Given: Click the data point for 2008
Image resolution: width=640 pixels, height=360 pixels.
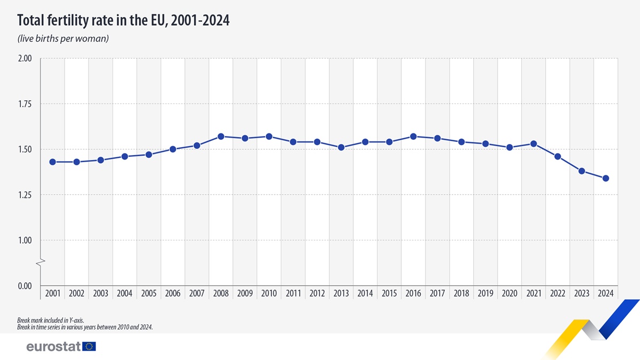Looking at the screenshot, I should coord(221,137).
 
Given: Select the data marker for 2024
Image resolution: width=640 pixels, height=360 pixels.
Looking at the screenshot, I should coord(606,178).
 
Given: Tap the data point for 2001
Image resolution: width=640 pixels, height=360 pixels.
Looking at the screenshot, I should coord(52,162).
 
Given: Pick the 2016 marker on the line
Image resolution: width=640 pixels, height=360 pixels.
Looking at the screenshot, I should coord(413,137).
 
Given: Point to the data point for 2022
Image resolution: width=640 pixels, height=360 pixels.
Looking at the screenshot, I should coord(558,156).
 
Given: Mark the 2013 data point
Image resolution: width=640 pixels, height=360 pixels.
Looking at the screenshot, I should coord(341,147).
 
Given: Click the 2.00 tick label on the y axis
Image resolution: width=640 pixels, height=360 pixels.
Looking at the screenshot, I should coord(25,59).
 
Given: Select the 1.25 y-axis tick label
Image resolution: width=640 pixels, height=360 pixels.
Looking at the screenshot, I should coord(25,195).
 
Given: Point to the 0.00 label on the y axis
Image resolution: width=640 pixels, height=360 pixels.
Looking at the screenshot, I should coord(25,286).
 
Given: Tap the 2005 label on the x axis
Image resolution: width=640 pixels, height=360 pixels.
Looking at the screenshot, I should coord(149,293).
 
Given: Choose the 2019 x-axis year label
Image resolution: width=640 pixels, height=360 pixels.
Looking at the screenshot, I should coord(485,293).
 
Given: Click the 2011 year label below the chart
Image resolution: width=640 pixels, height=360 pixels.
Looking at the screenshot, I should coord(293,293).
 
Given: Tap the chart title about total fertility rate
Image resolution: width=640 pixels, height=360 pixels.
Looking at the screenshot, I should coord(123,20).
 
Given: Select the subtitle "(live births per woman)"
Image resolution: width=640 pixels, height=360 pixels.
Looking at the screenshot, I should coord(63,39).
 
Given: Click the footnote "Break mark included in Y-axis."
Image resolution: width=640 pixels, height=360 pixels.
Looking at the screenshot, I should coord(51,321).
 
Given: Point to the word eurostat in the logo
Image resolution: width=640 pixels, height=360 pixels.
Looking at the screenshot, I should coord(53,347).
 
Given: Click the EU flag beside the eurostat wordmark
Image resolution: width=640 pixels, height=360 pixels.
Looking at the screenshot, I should coord(90,347).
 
